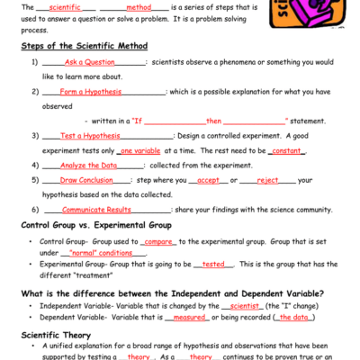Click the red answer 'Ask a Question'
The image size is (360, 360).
85,62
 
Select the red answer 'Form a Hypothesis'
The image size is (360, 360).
86,92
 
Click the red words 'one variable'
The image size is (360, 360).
139,150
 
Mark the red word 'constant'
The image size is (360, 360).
288,150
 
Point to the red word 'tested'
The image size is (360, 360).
213,265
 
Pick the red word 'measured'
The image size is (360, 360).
190,317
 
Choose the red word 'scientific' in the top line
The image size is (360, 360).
60,5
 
